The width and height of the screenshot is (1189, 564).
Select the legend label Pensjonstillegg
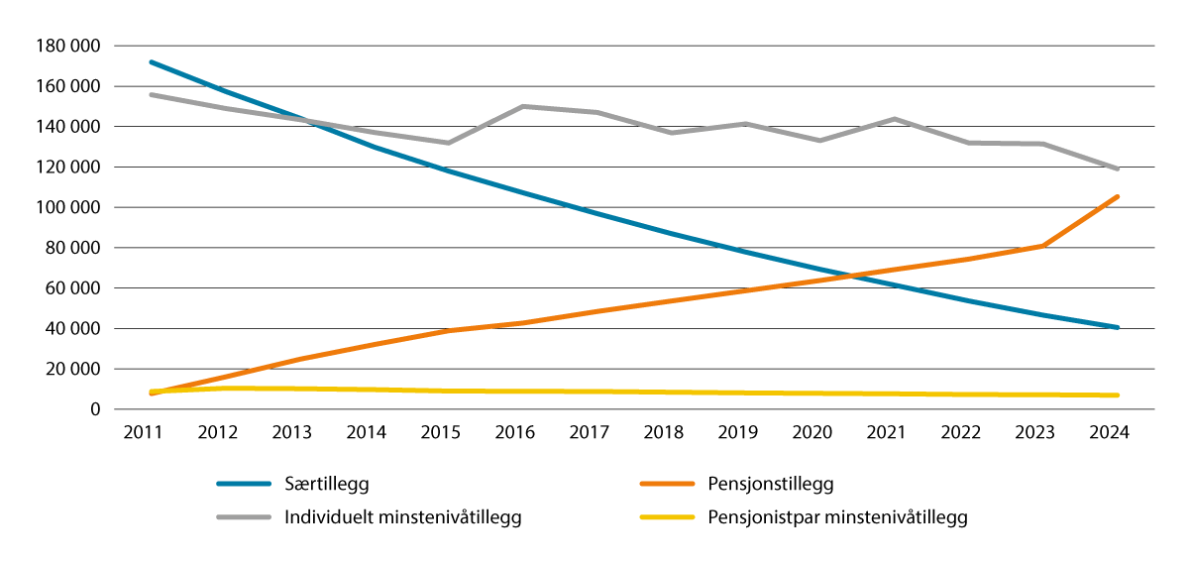(x=771, y=484)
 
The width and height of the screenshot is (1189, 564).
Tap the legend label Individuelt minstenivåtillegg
(x=403, y=516)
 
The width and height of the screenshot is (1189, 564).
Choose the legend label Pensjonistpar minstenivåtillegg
(x=837, y=516)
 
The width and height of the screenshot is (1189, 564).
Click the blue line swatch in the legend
(x=244, y=484)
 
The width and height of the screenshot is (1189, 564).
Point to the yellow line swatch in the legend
(x=665, y=516)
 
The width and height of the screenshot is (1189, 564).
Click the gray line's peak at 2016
(x=522, y=106)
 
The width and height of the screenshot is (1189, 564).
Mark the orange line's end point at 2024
(x=1118, y=196)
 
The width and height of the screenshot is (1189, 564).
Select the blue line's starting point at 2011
(x=151, y=61)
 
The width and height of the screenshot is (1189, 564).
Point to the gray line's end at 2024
(x=1118, y=169)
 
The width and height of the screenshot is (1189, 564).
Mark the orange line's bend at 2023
(x=1043, y=245)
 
